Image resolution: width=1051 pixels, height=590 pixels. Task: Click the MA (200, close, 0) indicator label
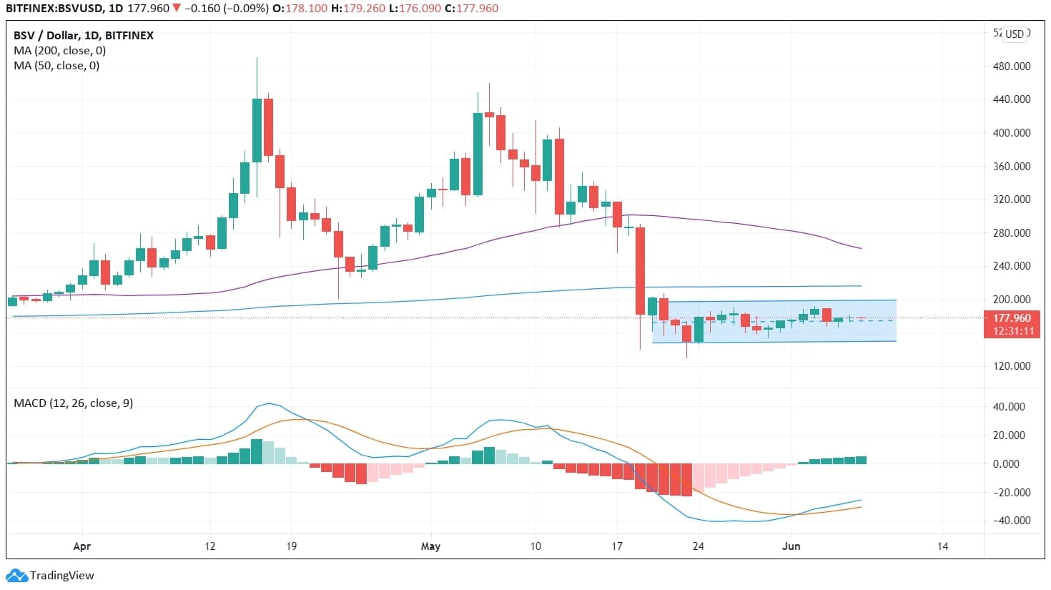click(x=59, y=51)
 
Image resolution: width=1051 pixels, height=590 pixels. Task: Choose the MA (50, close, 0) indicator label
click(x=56, y=66)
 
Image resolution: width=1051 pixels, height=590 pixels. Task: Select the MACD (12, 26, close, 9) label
click(x=73, y=403)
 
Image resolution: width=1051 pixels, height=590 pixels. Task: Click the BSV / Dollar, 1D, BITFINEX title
click(x=83, y=36)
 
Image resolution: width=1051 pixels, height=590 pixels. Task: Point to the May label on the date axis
click(x=430, y=546)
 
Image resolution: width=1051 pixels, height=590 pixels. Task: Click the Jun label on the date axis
click(x=791, y=546)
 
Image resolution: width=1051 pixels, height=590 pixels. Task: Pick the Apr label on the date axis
click(x=82, y=546)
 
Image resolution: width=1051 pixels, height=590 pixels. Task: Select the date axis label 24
click(x=698, y=546)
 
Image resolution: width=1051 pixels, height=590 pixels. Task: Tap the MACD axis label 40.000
click(x=1011, y=407)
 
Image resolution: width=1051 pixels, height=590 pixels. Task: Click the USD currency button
click(x=1015, y=34)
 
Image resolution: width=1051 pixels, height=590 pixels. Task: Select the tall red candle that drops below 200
click(x=640, y=270)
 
